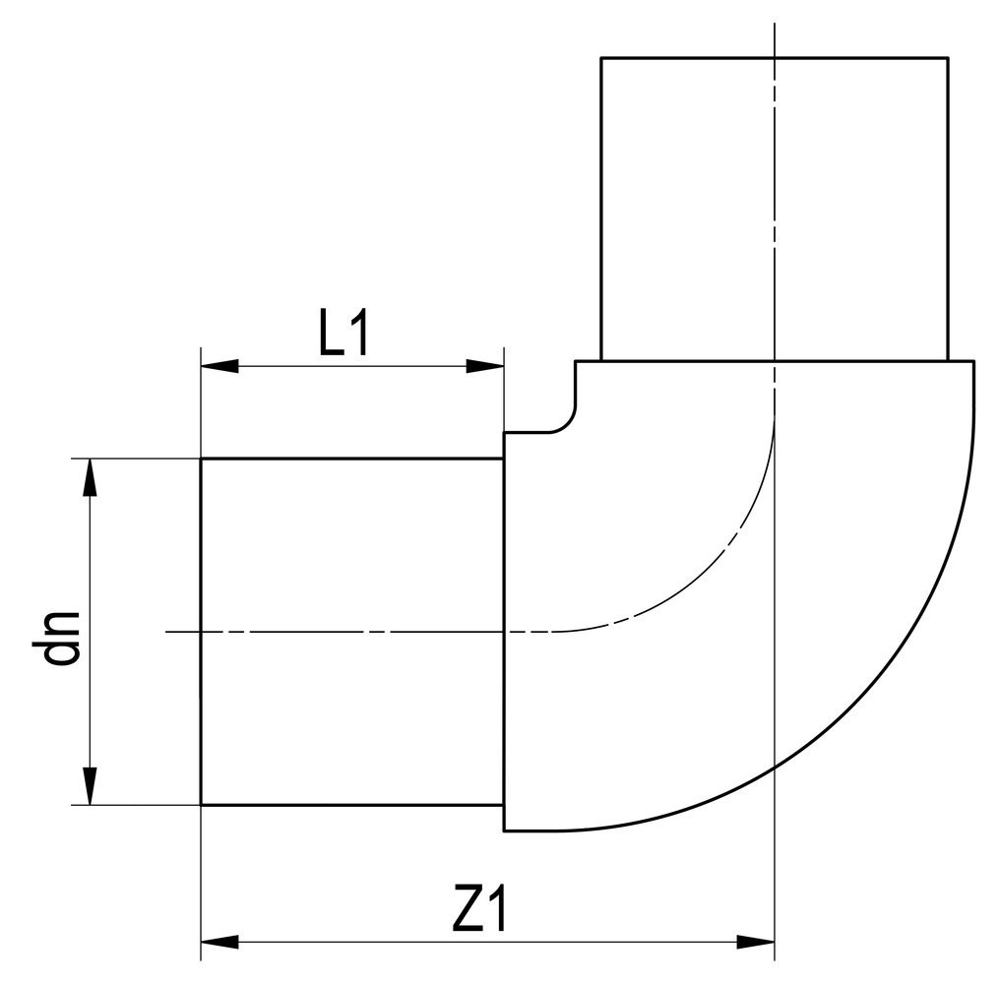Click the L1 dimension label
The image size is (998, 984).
pos(343,336)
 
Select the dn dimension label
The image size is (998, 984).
pos(61,637)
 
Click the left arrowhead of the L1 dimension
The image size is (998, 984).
pos(218,366)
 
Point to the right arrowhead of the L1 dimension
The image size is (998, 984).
pos(485,366)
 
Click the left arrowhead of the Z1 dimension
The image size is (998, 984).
pos(218,942)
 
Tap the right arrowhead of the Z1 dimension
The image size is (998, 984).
pos(756,942)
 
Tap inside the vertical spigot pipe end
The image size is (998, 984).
pos(689,207)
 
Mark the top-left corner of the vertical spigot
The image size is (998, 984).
pos(601,58)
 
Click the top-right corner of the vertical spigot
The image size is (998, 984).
pos(948,58)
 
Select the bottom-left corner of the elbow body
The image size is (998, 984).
pos(504,830)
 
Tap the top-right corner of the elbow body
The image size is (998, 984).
pos(973,362)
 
